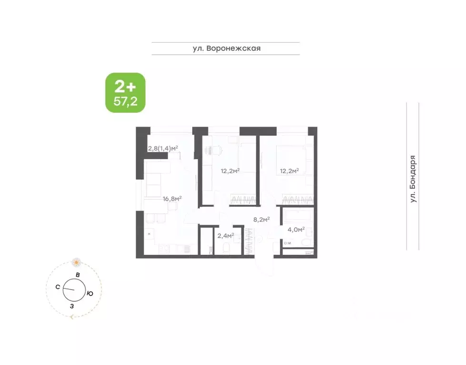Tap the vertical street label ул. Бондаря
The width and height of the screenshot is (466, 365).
413,180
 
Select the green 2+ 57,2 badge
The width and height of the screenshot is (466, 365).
125,93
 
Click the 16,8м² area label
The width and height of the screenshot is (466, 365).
172,199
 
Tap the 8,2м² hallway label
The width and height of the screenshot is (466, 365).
261,220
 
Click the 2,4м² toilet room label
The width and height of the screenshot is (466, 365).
225,235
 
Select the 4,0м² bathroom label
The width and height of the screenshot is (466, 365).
296,230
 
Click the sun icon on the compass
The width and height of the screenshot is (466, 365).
76,262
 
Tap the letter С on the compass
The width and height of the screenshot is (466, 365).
57,287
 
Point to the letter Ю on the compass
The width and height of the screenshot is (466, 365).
90,294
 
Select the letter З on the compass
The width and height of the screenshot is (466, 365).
72,306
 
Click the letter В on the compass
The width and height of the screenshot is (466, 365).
78,275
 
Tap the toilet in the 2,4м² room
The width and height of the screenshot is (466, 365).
227,248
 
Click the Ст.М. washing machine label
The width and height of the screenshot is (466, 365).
288,244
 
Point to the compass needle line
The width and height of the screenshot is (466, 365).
69,289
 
